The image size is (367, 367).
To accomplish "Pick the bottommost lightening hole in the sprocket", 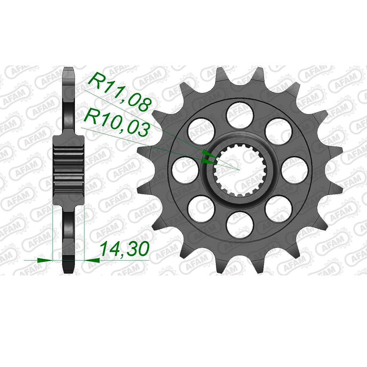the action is pos(240,225).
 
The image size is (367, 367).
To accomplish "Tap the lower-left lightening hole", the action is pos(201,209).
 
